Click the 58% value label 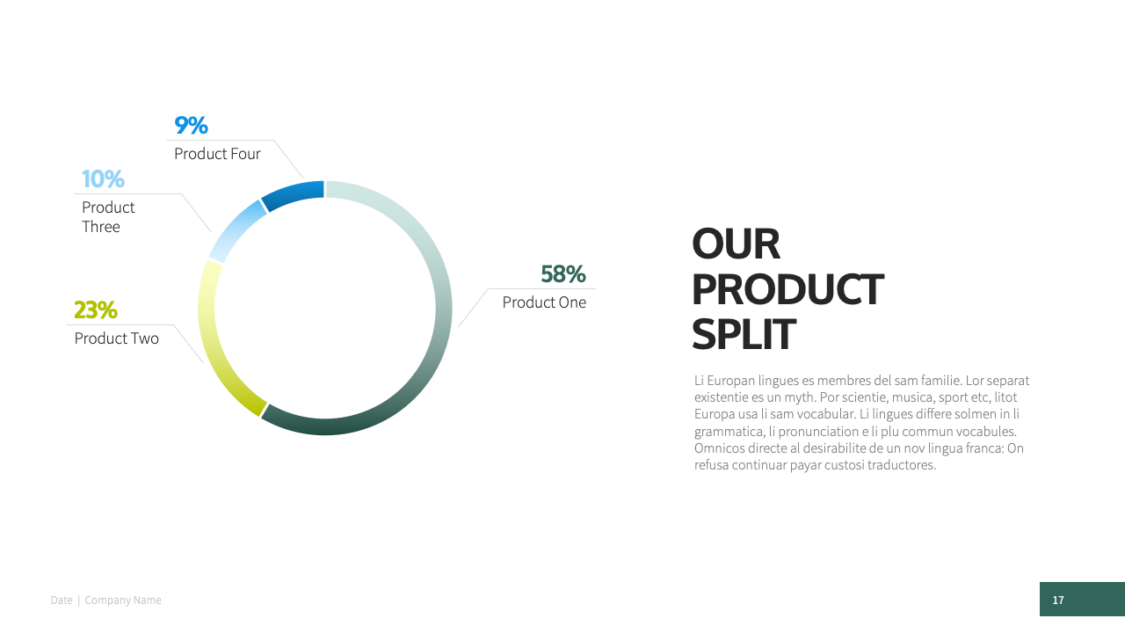(x=563, y=274)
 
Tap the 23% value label (x=96, y=310)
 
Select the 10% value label (x=103, y=178)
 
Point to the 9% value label (x=191, y=126)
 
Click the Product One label (x=544, y=302)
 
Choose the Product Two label (x=117, y=338)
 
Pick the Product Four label (x=217, y=154)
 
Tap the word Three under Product (x=101, y=227)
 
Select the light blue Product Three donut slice (x=235, y=229)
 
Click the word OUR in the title (x=736, y=244)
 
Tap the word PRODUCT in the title (x=787, y=289)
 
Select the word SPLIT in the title (x=744, y=334)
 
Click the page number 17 (x=1058, y=600)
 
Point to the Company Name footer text (x=123, y=600)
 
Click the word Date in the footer (x=62, y=600)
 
